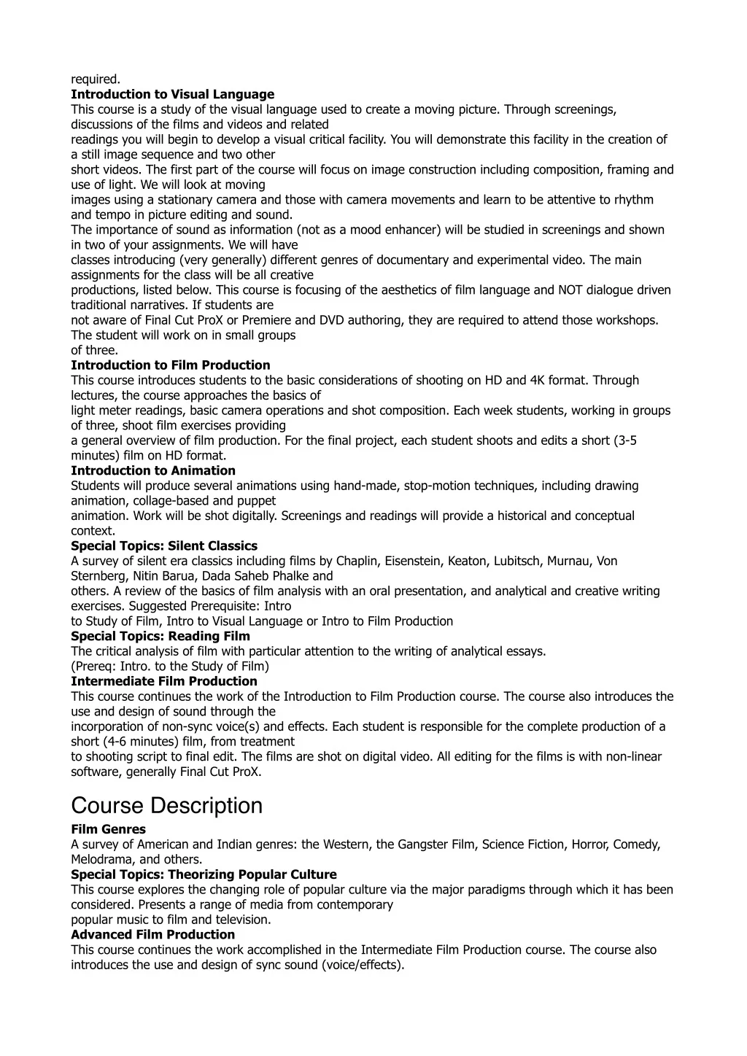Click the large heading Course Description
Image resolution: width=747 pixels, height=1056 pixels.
(x=166, y=806)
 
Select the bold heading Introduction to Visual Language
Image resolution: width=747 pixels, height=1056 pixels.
(x=172, y=94)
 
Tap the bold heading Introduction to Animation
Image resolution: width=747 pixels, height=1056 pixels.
(x=153, y=470)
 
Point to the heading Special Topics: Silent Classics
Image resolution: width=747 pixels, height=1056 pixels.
(x=164, y=546)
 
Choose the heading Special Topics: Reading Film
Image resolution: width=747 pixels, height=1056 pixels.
(x=160, y=636)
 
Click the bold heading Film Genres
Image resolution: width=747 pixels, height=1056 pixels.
(x=108, y=829)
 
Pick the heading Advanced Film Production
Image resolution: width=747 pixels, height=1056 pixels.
(x=152, y=934)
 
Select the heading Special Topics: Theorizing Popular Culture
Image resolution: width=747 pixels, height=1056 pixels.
(x=204, y=874)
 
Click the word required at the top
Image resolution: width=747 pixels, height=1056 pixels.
(x=95, y=79)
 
